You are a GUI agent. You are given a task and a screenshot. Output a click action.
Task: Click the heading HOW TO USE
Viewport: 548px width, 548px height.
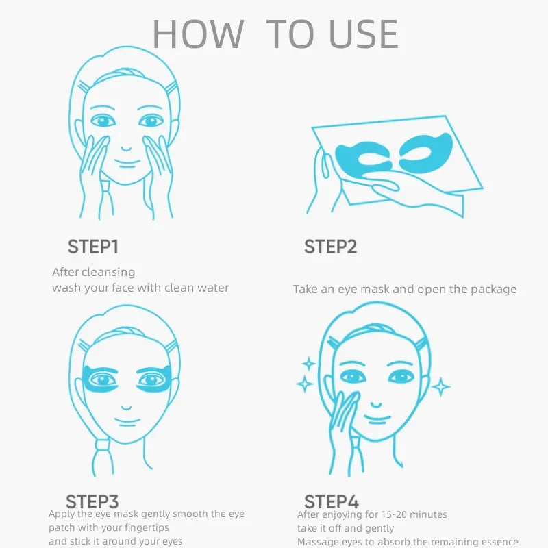pyautogui.click(x=275, y=34)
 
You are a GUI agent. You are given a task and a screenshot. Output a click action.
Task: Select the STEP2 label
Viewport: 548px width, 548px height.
pyautogui.click(x=330, y=247)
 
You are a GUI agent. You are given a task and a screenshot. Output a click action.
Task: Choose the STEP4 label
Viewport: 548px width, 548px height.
pyautogui.click(x=332, y=501)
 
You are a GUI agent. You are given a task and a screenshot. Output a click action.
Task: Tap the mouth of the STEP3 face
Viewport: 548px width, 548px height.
pyautogui.click(x=125, y=422)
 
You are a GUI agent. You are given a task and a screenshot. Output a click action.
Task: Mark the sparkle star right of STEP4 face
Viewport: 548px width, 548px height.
pyautogui.click(x=441, y=387)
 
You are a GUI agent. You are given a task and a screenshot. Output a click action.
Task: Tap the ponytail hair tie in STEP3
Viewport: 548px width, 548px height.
pyautogui.click(x=103, y=453)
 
